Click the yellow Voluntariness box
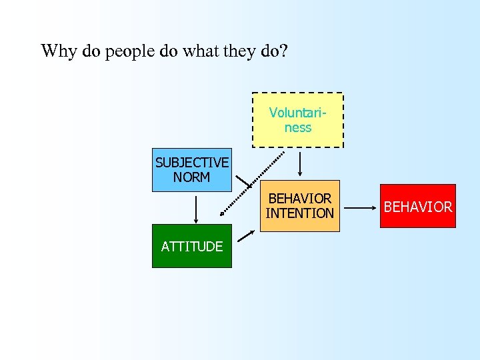coord(298,120)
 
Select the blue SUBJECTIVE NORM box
coord(192,170)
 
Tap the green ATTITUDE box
coord(192,246)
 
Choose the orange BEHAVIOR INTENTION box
coord(299,206)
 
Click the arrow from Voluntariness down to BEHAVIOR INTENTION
coord(299,163)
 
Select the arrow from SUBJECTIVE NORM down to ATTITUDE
coord(195,207)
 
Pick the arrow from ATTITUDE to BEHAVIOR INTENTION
coord(246,235)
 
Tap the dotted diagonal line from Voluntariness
coord(253,183)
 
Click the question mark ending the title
coord(285,51)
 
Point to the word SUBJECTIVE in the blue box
coord(192,163)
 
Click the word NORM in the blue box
coord(192,177)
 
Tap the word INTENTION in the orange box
coord(299,213)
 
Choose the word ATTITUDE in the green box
coord(192,246)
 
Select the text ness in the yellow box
coord(298,127)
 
